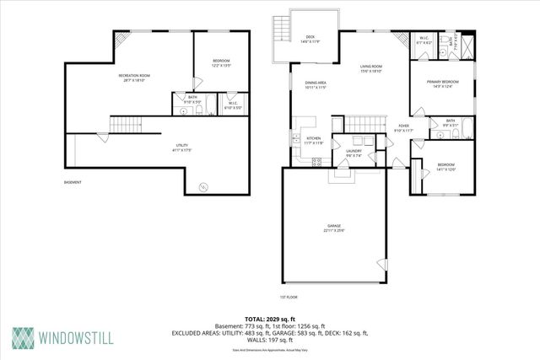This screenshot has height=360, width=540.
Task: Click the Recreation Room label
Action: pos(133,78)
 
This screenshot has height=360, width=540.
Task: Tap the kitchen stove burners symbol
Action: pos(296,137)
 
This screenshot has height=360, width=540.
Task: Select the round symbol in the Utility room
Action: pos(202,186)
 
